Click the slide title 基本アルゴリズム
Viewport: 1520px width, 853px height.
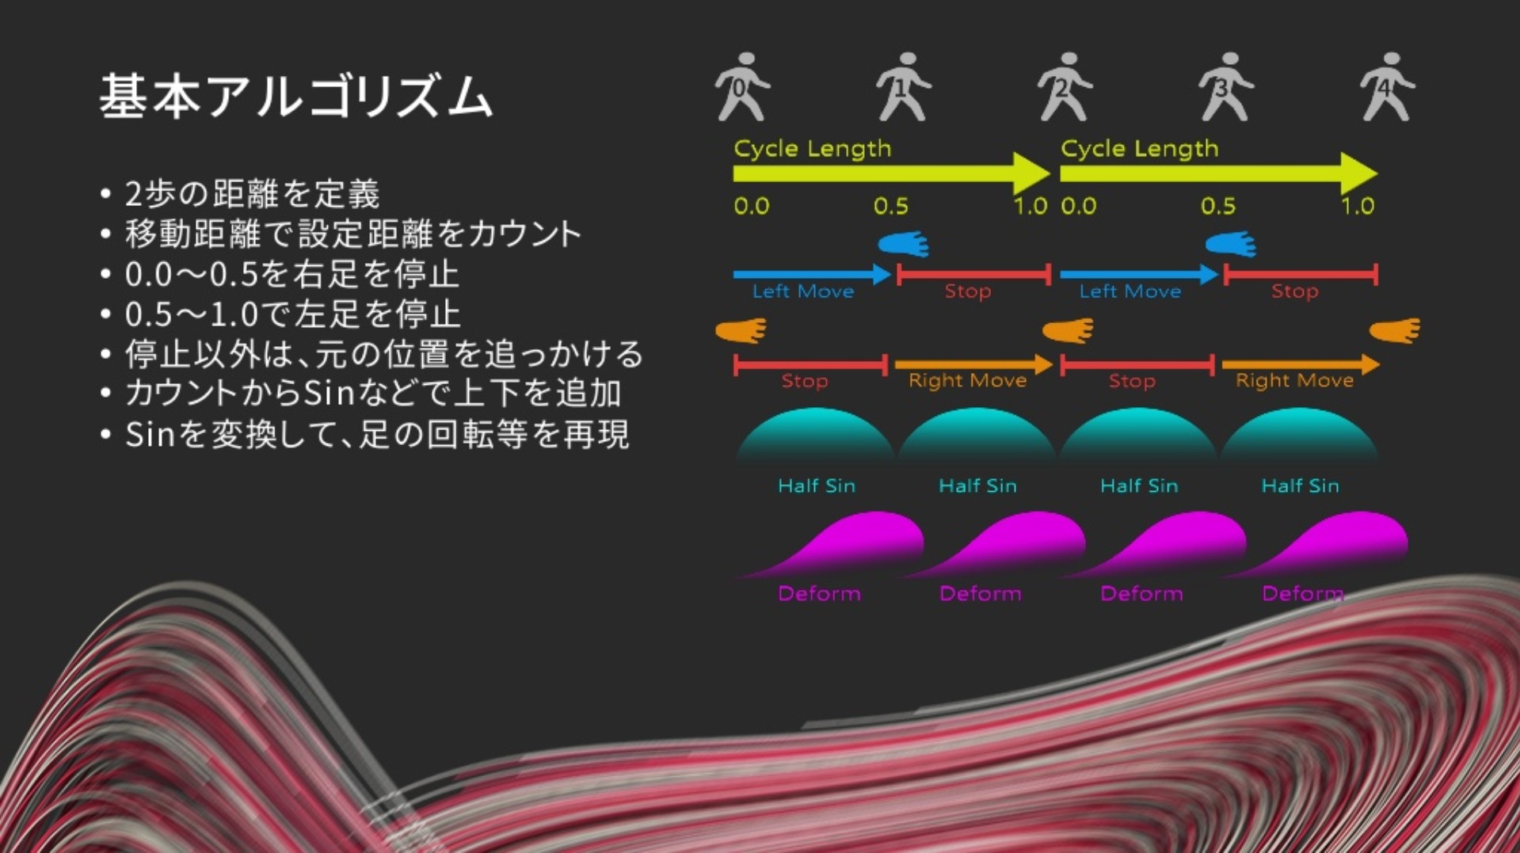pos(296,97)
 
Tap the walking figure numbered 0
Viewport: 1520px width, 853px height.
pos(742,87)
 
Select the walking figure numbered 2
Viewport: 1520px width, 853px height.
pos(1065,87)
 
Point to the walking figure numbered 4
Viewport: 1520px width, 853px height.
pos(1388,87)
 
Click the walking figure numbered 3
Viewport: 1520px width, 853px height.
pos(1226,87)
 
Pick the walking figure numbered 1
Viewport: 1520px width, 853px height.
pos(904,87)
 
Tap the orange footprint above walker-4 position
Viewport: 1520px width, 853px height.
pos(1396,330)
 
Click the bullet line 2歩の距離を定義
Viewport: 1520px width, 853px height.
pos(253,194)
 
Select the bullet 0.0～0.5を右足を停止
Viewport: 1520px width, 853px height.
pos(291,274)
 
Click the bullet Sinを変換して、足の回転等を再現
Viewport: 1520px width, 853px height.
pos(377,434)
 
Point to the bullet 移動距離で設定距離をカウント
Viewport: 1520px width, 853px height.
pos(353,234)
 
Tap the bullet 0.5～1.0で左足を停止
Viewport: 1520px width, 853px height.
pos(292,314)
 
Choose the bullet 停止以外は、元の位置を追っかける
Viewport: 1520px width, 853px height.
pos(384,354)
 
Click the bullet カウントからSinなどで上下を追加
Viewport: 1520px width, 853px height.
pos(373,394)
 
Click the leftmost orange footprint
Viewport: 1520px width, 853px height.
pos(741,330)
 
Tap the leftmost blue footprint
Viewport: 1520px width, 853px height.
pos(904,244)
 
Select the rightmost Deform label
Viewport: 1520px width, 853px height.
pos(1302,593)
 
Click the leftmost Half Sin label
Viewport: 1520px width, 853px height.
pos(817,486)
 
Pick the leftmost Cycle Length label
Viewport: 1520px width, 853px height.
pos(813,149)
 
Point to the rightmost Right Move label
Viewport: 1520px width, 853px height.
pos(1294,380)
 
